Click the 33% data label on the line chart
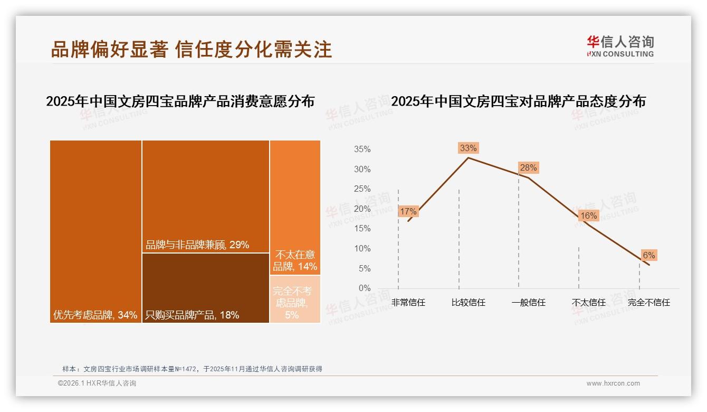pyautogui.click(x=468, y=148)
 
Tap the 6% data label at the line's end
pyautogui.click(x=648, y=255)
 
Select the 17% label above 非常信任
pyautogui.click(x=408, y=211)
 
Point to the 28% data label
pyautogui.click(x=528, y=167)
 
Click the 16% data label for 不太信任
pyautogui.click(x=588, y=216)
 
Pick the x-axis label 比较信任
pyautogui.click(x=468, y=303)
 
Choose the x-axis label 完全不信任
pyautogui.click(x=648, y=303)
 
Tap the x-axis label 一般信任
pyautogui.click(x=528, y=303)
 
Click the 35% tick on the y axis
pyautogui.click(x=362, y=149)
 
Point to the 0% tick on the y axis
pyautogui.click(x=365, y=288)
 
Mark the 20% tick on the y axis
pyautogui.click(x=362, y=209)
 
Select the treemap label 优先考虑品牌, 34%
pyautogui.click(x=95, y=315)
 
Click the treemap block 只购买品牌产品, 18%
pyautogui.click(x=206, y=288)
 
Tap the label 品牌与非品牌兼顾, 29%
pyautogui.click(x=197, y=245)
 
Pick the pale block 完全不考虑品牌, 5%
pyautogui.click(x=295, y=299)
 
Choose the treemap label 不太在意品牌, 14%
pyautogui.click(x=295, y=260)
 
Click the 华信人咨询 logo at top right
pyautogui.click(x=620, y=46)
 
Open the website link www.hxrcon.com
pyautogui.click(x=613, y=383)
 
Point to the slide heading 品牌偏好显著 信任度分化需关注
pyautogui.click(x=192, y=49)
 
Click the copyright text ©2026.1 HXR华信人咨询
pyautogui.click(x=97, y=383)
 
